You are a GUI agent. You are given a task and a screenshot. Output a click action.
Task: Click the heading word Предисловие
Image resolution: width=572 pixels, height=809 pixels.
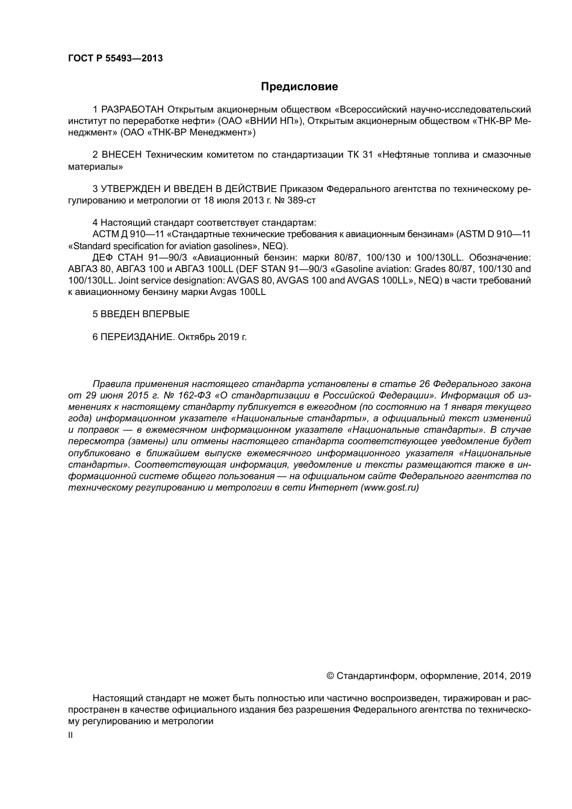pos(299,87)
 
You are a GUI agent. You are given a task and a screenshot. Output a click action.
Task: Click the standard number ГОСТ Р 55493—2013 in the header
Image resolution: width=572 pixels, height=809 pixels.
pos(116,58)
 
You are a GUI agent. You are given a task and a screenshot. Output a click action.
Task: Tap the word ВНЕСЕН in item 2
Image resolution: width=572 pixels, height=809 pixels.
pos(121,155)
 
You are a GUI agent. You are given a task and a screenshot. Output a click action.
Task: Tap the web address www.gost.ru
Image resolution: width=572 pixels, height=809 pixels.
pos(390,488)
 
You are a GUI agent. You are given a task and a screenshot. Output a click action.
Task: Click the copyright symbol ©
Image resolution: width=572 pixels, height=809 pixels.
pos(330,676)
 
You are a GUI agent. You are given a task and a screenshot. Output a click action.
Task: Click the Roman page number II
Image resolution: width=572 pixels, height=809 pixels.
pos(70,736)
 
